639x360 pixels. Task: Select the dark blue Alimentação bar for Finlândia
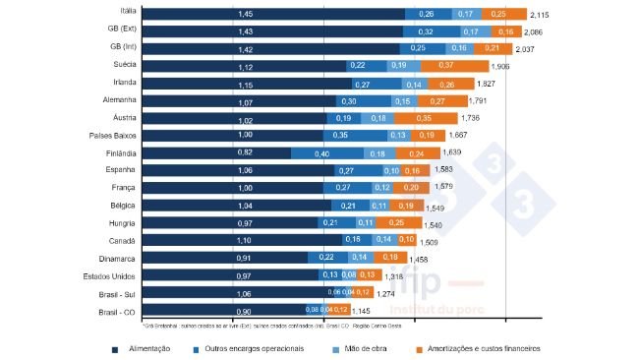pyautogui.click(x=216, y=153)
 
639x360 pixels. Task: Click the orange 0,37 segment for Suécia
pyautogui.click(x=446, y=65)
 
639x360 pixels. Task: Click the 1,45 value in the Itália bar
pyautogui.click(x=245, y=15)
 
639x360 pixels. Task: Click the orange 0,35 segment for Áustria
pyautogui.click(x=424, y=118)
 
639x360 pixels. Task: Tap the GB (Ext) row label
pyautogui.click(x=122, y=31)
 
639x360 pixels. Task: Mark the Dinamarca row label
pyautogui.click(x=119, y=259)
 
